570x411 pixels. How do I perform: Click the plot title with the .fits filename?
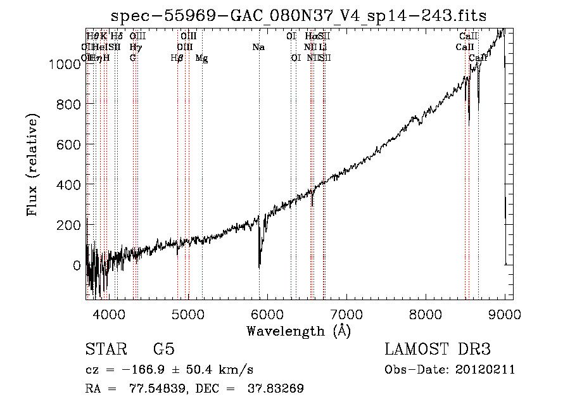pyautogui.click(x=298, y=16)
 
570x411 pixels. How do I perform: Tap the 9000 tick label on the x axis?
pyautogui.click(x=504, y=315)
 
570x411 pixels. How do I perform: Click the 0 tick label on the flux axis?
pyautogui.click(x=76, y=265)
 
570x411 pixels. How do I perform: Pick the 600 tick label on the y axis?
pyautogui.click(x=69, y=144)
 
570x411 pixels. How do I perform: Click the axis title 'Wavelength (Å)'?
pyautogui.click(x=298, y=331)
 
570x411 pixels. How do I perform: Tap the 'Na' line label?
pyautogui.click(x=258, y=47)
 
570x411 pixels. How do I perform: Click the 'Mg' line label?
pyautogui.click(x=201, y=58)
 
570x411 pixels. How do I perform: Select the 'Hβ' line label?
pyautogui.click(x=177, y=58)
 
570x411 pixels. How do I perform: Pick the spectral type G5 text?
pyautogui.click(x=163, y=350)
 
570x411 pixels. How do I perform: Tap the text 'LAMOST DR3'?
pyautogui.click(x=438, y=350)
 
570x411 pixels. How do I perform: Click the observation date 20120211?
pyautogui.click(x=484, y=370)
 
